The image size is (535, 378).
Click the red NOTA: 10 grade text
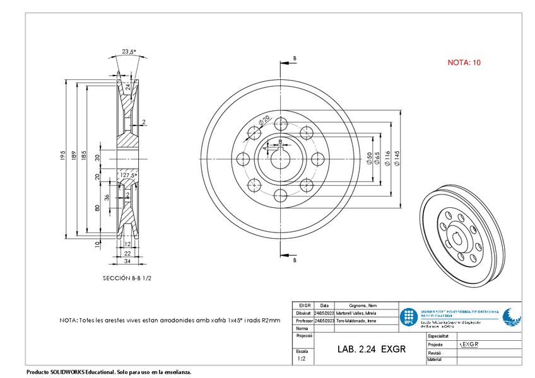point(464,62)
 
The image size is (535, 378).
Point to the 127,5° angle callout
point(129,175)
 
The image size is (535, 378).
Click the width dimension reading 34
point(127,261)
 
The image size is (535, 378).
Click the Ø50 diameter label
point(369,157)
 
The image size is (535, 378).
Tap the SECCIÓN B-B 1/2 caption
point(127,278)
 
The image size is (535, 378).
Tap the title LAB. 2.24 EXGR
point(371,348)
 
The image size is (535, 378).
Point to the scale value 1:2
point(302,358)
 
